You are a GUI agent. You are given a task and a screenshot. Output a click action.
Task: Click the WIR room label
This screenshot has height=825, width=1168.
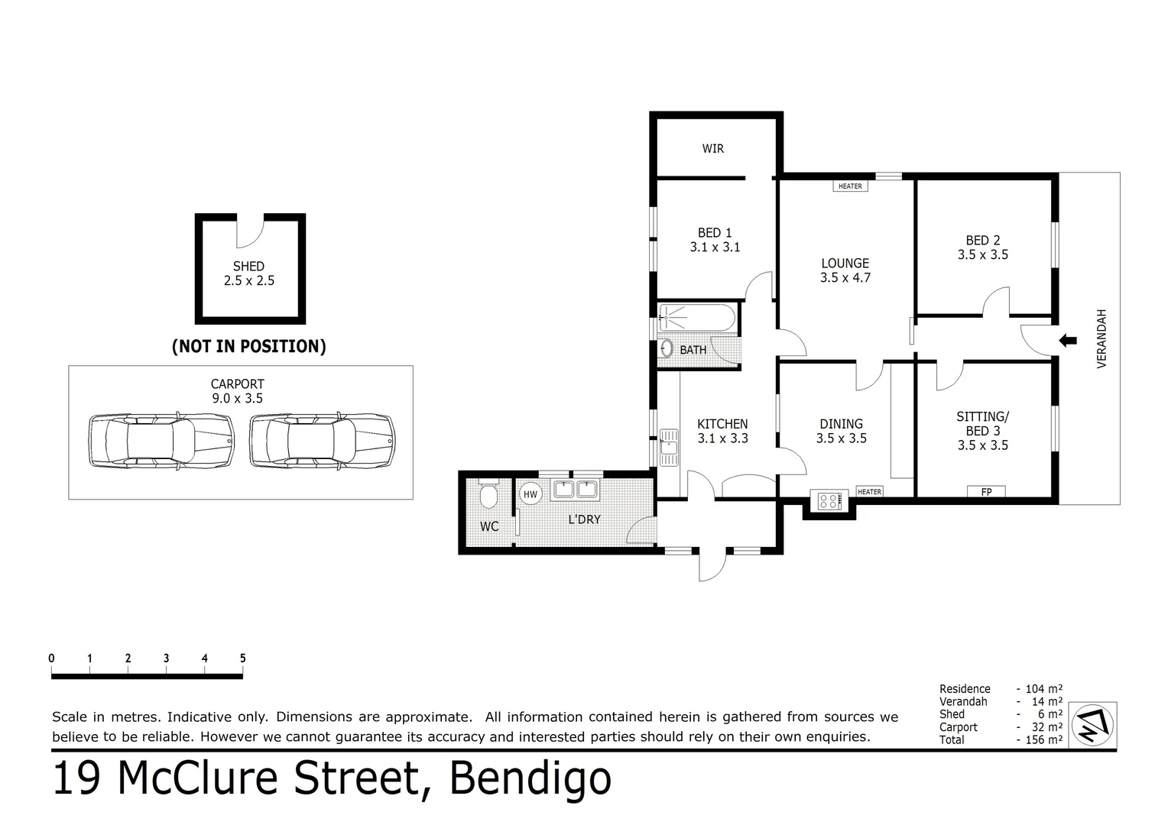[x=712, y=148]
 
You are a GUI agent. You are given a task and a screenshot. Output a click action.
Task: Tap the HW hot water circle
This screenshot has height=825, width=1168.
[x=530, y=494]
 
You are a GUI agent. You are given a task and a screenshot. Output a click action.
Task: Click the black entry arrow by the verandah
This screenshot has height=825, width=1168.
[x=1067, y=340]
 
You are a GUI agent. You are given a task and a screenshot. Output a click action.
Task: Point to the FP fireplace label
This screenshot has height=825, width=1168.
[x=986, y=492]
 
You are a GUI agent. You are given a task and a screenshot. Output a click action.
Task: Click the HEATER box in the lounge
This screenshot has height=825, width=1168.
[x=850, y=186]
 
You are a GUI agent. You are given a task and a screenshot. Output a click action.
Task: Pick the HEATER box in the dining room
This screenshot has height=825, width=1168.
[x=869, y=492]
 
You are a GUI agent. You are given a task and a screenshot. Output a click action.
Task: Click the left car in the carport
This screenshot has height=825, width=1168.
[x=161, y=441]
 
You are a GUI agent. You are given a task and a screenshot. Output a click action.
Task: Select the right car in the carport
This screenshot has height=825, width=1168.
[x=322, y=441]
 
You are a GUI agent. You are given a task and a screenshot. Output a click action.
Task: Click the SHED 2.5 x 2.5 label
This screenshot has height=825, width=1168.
[x=249, y=273]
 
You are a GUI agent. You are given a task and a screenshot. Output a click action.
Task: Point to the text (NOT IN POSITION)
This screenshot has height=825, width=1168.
[x=249, y=346]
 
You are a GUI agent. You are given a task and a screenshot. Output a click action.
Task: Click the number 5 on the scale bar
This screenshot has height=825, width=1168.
[x=242, y=658]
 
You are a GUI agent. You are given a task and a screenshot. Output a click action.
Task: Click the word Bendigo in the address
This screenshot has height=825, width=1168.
[x=530, y=778]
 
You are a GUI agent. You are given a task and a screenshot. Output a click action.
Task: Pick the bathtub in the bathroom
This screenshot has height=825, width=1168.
[x=697, y=317]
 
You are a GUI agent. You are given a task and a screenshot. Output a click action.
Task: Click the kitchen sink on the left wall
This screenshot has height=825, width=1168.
[x=669, y=447]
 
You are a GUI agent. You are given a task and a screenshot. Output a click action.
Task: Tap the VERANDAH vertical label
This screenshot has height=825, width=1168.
[x=1101, y=338]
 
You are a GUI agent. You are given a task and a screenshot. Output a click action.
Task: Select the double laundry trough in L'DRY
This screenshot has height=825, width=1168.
[x=575, y=489]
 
